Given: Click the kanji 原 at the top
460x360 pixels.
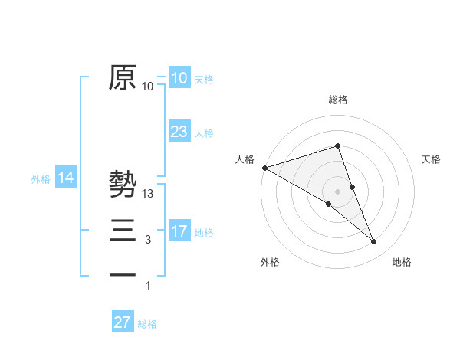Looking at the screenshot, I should (123, 77).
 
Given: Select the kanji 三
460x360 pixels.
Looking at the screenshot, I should (123, 231).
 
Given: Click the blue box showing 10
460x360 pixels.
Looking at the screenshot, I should (179, 78).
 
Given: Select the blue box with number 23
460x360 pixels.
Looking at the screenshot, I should (179, 132).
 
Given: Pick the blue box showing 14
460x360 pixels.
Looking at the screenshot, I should (66, 178).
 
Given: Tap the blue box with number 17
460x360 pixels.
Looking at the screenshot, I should (179, 231).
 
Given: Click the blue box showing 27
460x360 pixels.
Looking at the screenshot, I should (123, 322).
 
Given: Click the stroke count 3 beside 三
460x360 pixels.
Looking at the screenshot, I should (148, 240).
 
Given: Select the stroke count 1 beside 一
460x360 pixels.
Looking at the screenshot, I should (148, 286).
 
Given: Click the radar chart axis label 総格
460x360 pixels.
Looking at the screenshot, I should (337, 100).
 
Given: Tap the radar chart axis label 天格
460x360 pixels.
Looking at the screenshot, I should (431, 159).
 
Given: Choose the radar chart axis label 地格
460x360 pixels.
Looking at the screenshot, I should (402, 262).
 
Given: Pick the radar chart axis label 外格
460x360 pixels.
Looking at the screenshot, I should (270, 262).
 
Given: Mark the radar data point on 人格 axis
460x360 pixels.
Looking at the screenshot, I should (264, 167).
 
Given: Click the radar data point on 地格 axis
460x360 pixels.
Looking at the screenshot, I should (374, 242).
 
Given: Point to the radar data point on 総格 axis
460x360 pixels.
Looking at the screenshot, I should (337, 146).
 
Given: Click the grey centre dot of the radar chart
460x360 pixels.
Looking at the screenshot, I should (337, 191).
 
